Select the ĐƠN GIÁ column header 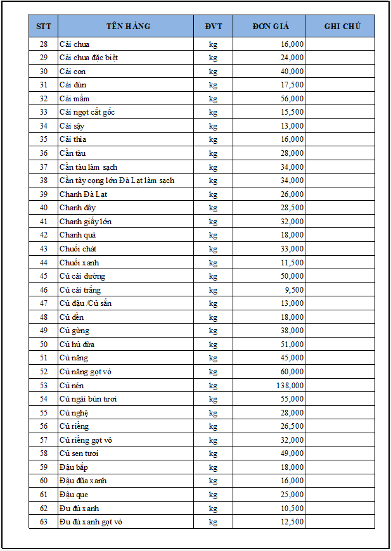click(x=270, y=26)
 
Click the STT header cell click(x=44, y=26)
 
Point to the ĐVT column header click(x=214, y=26)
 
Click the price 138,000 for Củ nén click(x=288, y=385)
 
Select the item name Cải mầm click(x=74, y=98)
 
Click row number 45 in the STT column click(x=44, y=276)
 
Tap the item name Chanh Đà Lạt click(x=83, y=194)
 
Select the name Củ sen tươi click(x=79, y=453)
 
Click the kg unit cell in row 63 click(x=214, y=522)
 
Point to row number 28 click(x=44, y=44)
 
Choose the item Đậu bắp click(x=74, y=467)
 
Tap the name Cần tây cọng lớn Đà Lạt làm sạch click(x=117, y=180)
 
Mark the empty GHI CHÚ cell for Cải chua click(x=340, y=44)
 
